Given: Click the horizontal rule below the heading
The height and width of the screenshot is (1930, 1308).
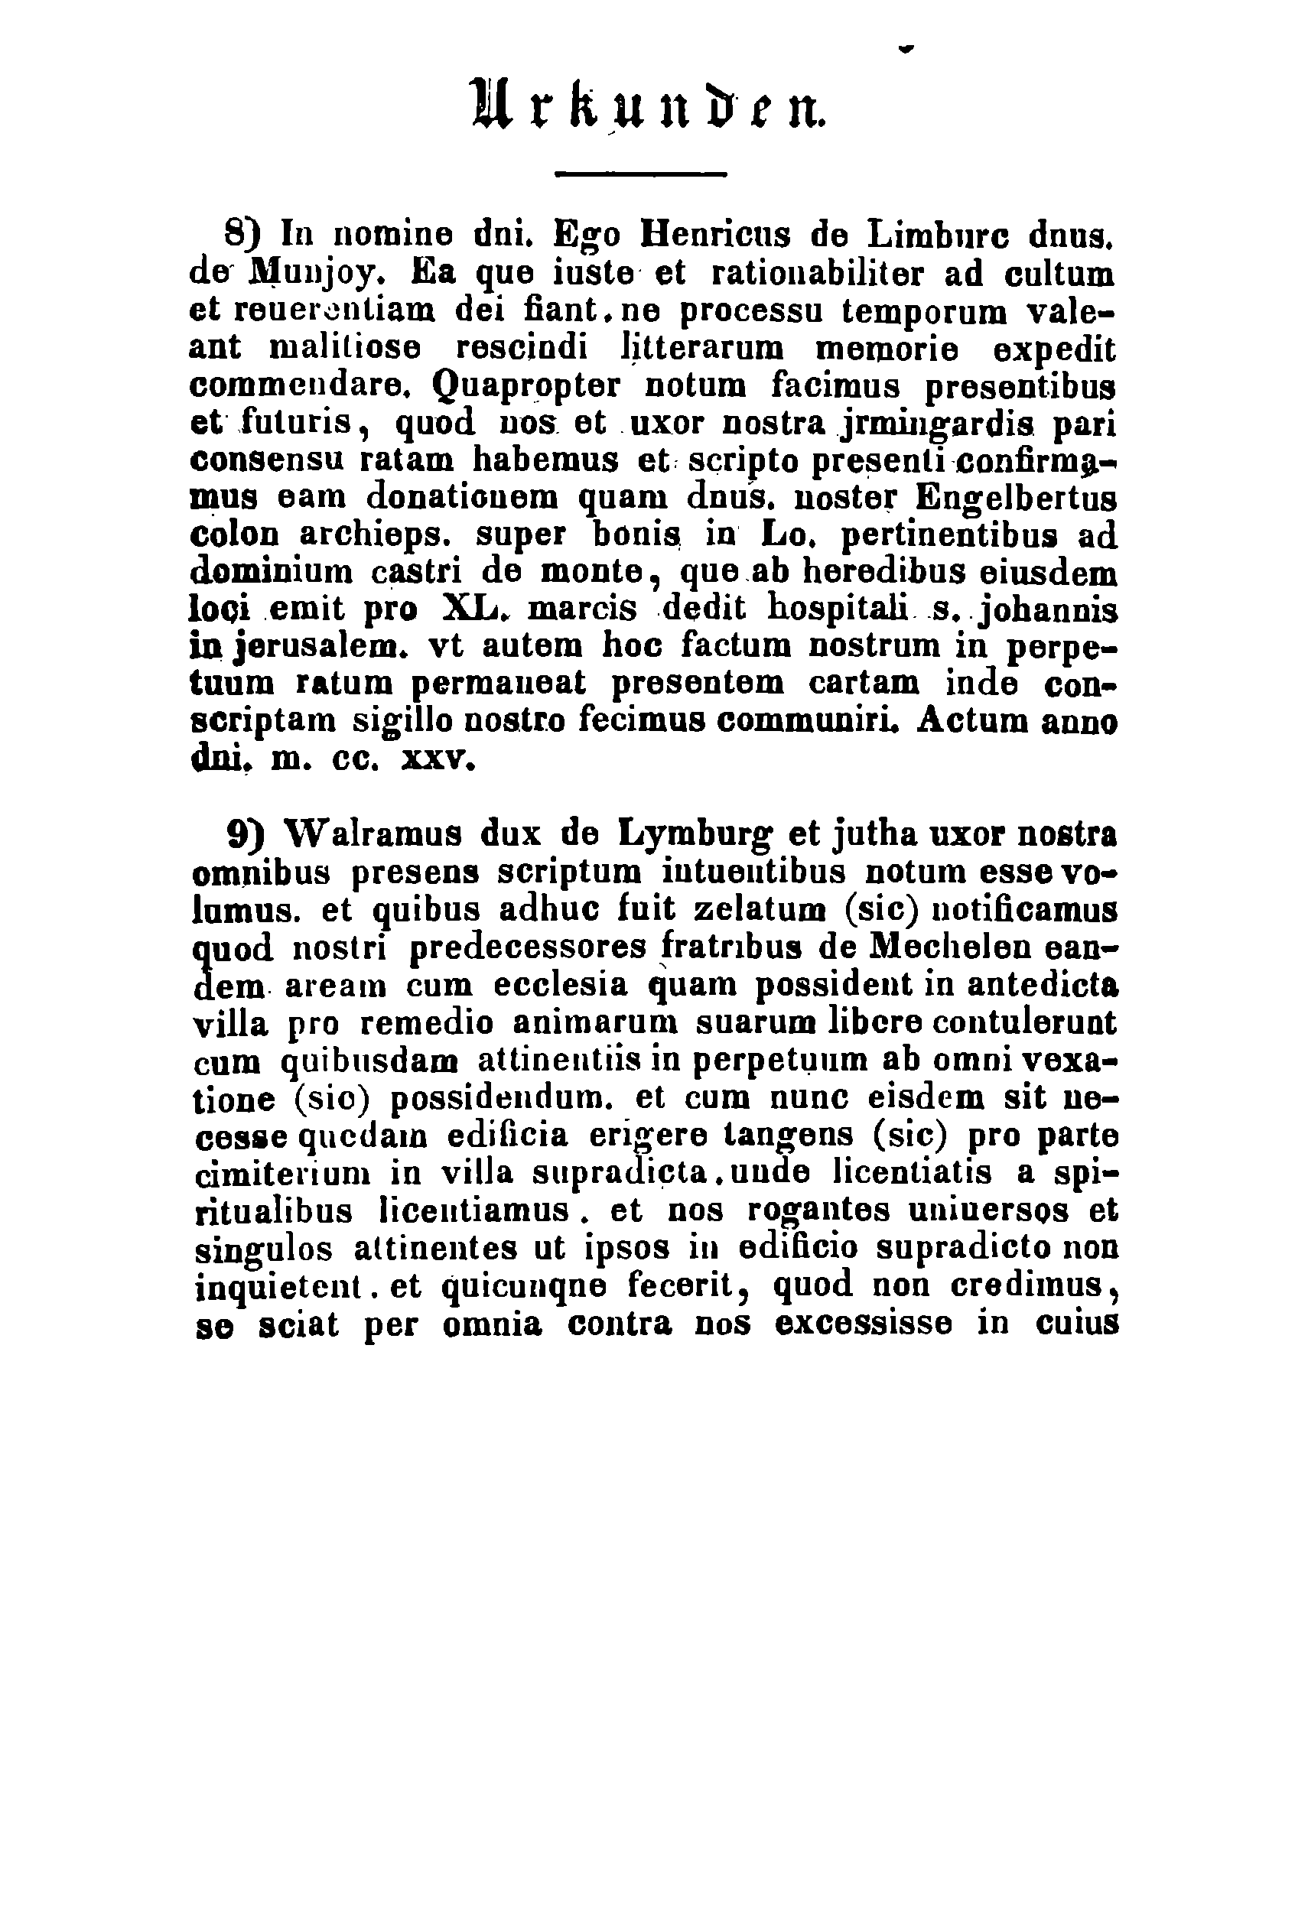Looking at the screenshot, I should (639, 174).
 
